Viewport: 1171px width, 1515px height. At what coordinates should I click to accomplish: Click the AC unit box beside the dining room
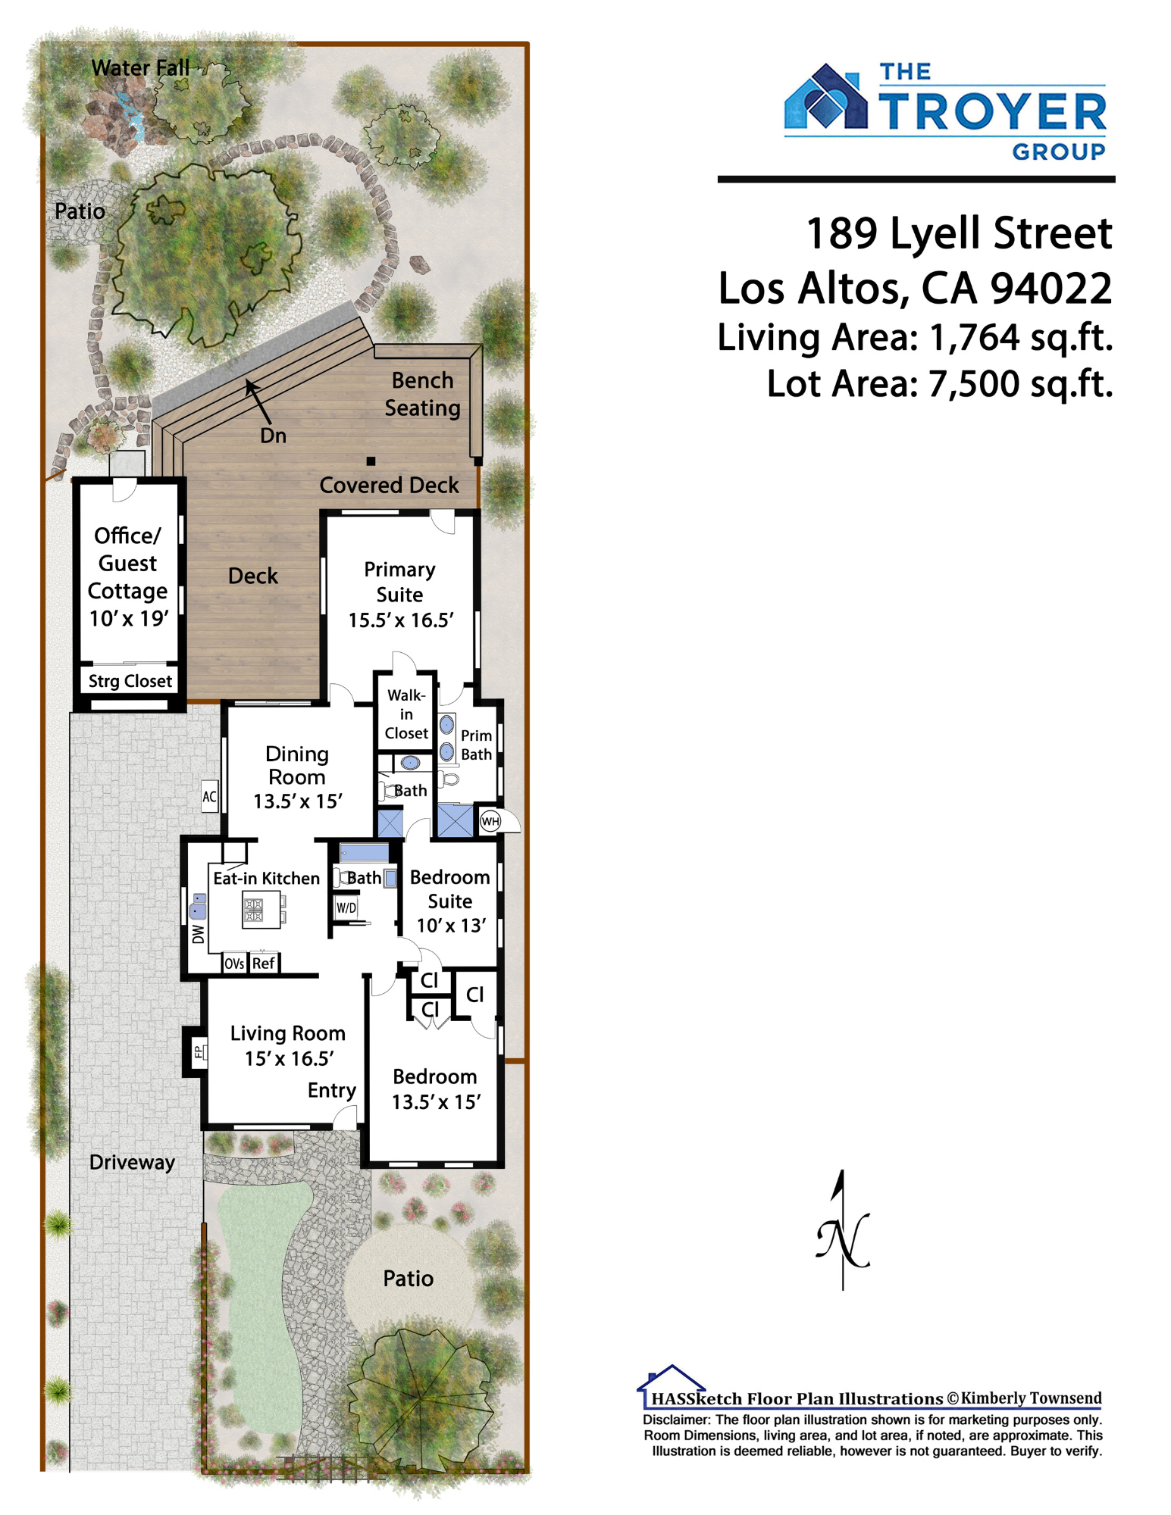209,796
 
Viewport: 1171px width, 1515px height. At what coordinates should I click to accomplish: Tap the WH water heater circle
490,821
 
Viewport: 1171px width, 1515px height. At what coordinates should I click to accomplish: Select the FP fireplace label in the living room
199,1051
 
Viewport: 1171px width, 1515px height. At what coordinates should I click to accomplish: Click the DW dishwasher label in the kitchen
198,933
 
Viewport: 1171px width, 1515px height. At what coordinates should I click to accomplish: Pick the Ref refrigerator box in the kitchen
264,963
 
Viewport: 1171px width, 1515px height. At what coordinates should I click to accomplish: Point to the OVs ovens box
234,963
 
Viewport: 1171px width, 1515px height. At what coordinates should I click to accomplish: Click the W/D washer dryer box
346,907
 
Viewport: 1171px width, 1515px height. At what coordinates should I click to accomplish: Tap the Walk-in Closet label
406,714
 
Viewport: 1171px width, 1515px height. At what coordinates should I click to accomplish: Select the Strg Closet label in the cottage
130,681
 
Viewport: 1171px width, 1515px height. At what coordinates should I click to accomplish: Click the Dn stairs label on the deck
273,436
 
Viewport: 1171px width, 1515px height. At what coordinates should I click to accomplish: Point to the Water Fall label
140,67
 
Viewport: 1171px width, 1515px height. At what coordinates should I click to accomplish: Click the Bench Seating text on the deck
422,394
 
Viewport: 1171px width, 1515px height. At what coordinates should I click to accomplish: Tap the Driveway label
132,1162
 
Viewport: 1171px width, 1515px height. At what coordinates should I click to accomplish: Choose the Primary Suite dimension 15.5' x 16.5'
400,620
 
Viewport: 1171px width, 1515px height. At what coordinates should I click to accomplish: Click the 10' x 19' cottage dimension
128,618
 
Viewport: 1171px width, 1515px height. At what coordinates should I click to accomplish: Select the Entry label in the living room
331,1091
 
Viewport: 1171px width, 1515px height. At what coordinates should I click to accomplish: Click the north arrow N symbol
843,1230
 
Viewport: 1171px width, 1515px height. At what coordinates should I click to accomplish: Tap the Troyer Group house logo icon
825,97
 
